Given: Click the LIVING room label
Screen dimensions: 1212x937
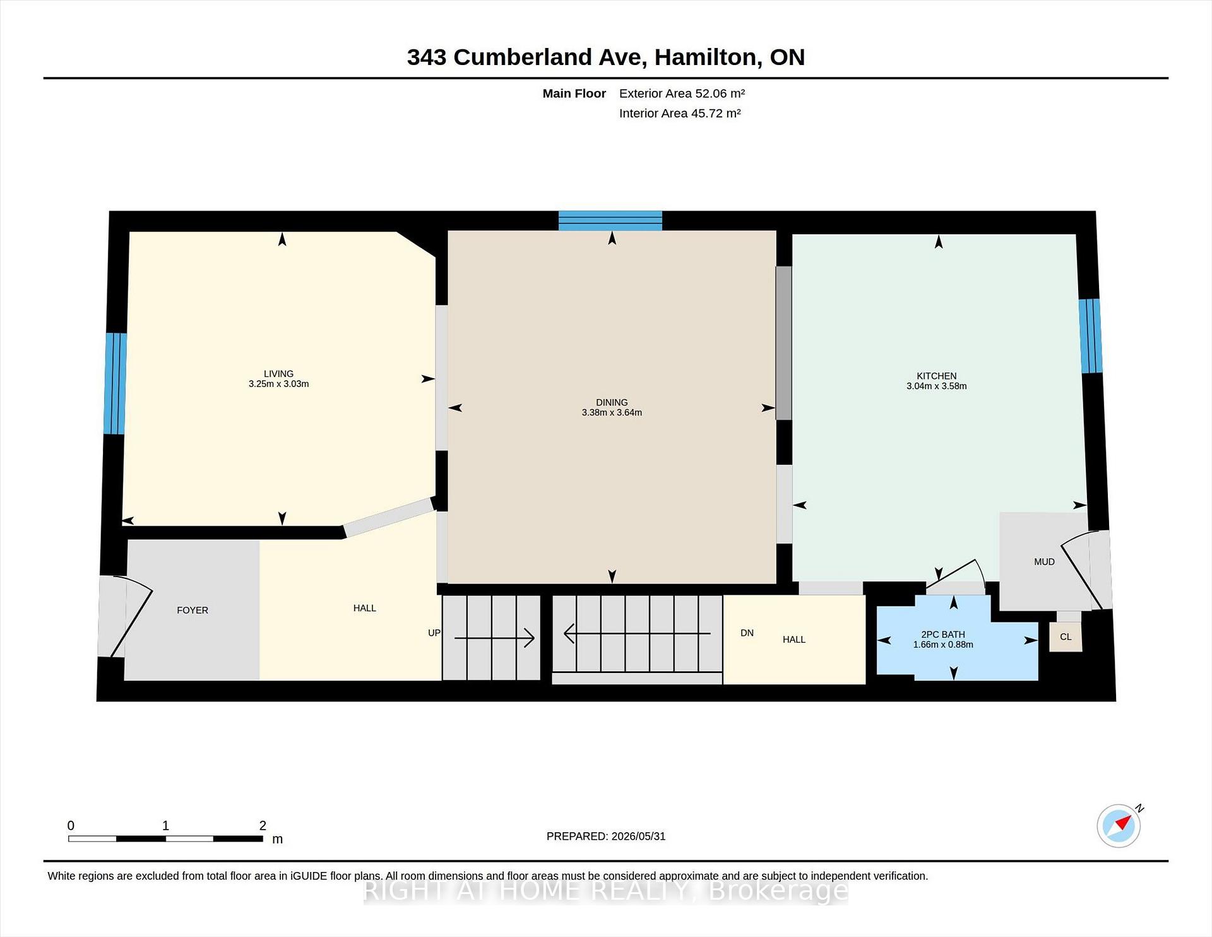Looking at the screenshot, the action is (278, 374).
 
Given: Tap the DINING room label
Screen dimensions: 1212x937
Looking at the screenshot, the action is (612, 402).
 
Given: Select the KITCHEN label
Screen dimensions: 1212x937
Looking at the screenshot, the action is (937, 376).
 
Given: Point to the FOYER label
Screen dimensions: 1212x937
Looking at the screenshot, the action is (193, 610).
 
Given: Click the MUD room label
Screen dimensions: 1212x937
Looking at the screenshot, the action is (1044, 562).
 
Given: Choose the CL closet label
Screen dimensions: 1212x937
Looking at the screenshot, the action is (1066, 636).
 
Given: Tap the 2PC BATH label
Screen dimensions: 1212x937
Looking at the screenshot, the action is (943, 635).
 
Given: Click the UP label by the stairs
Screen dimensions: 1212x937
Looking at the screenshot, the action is (434, 633).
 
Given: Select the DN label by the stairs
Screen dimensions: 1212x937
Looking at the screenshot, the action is (747, 633).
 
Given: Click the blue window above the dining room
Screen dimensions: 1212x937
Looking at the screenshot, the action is (610, 221).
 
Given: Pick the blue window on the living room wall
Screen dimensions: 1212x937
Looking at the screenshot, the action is (116, 384).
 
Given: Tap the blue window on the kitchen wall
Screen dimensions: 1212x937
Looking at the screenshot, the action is (1090, 336).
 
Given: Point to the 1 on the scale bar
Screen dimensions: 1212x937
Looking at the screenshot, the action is (165, 825).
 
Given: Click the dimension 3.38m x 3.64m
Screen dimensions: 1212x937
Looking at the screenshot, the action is (612, 412).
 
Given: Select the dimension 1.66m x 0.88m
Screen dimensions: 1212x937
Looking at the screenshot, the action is (943, 645).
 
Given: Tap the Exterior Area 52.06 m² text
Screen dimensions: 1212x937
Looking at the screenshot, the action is (682, 93).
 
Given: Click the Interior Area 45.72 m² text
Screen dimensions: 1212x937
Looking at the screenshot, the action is (680, 113).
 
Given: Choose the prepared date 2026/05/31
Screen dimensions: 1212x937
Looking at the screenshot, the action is (638, 836).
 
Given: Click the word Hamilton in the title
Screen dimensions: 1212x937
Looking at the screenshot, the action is (705, 57).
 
